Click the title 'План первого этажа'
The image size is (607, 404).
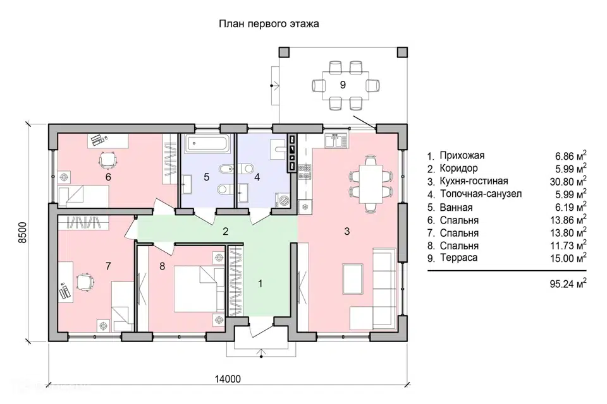pos(269,24)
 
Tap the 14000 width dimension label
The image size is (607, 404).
pos(228,379)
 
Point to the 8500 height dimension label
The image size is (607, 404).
pos(23,232)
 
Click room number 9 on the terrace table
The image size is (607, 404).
pos(343,85)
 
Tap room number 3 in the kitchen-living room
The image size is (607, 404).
pos(347,231)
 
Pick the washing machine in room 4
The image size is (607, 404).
pos(284,200)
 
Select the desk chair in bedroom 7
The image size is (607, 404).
pos(85,281)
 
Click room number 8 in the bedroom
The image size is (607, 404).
pos(162,266)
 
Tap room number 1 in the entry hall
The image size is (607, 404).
pos(261,283)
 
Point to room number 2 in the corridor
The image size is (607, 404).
pos(225,231)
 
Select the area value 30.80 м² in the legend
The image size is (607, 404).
pos(568,181)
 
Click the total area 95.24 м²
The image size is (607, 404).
pos(568,284)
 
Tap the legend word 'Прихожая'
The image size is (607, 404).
pos(462,155)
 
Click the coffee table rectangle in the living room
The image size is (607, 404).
pos(353,279)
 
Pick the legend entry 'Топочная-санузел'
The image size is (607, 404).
pos(481,194)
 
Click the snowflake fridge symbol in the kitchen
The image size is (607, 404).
pos(305,206)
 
